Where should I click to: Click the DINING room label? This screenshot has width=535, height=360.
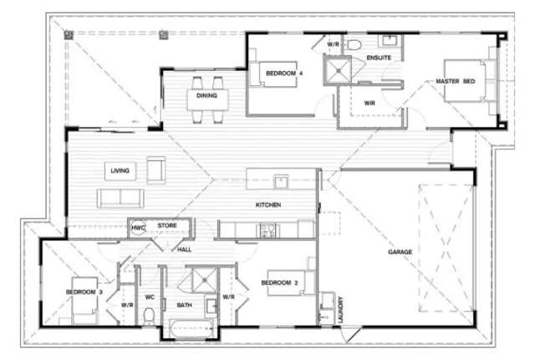(206, 95)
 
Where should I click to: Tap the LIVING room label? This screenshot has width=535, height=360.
(120, 171)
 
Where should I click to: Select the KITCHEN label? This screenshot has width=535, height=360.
(268, 205)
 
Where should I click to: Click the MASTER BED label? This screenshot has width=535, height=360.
(456, 81)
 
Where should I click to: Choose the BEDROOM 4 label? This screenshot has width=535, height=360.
(284, 74)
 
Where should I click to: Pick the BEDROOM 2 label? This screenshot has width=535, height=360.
(280, 283)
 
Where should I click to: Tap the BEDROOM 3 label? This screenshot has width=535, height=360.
(84, 292)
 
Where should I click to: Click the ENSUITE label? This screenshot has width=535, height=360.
(379, 57)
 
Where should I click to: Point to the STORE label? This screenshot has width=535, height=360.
(166, 226)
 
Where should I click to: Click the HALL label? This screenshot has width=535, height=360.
(185, 249)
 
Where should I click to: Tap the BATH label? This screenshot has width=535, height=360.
(184, 305)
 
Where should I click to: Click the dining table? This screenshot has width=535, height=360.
(207, 94)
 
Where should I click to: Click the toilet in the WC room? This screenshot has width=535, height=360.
(149, 316)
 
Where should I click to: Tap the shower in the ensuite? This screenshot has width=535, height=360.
(338, 69)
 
